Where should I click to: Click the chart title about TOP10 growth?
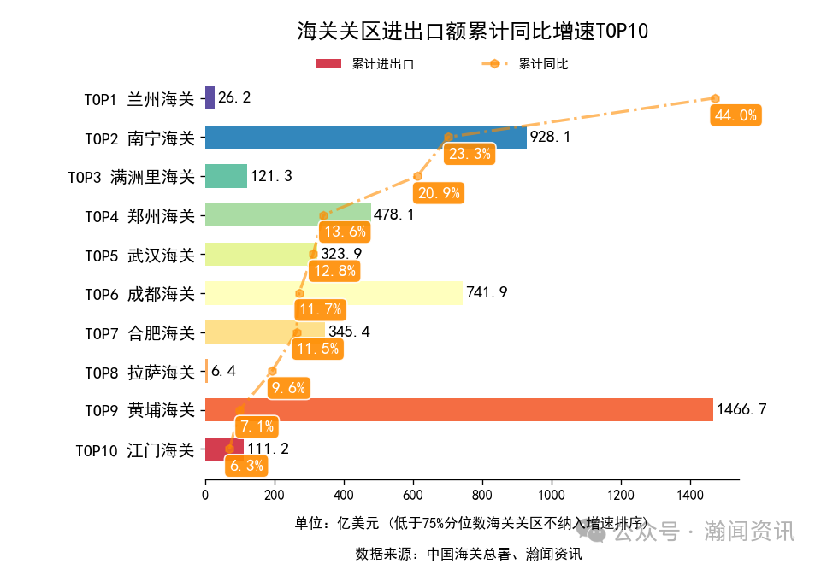[x=472, y=32]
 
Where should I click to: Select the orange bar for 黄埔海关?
[x=458, y=409]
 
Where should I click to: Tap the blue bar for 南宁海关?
[x=365, y=137]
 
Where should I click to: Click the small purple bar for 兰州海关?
[x=210, y=97]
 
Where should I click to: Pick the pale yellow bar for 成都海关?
[x=334, y=293]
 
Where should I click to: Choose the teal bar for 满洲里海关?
[x=226, y=176]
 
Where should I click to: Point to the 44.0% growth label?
[x=735, y=115]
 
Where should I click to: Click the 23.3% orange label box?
[x=470, y=154]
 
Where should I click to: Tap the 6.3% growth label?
[x=246, y=466]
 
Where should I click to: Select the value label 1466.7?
[x=741, y=410]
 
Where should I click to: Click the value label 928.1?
[x=550, y=137]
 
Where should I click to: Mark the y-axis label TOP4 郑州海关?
[x=139, y=215]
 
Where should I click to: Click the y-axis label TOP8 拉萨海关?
[x=139, y=372]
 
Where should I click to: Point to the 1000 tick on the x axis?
[x=552, y=493]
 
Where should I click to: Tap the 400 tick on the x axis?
[x=344, y=493]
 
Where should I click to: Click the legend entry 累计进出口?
[x=365, y=64]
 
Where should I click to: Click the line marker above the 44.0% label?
[x=716, y=98]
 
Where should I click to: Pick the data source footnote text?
[x=469, y=554]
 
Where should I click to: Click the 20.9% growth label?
[x=440, y=193]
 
